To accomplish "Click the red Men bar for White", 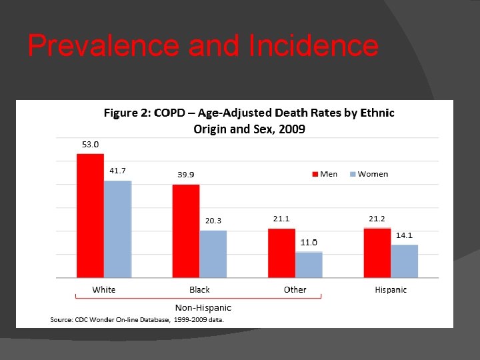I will pos(90,215).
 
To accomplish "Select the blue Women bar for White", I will pos(118,229).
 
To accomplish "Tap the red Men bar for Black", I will pos(186,231).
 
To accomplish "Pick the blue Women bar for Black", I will pos(213,253).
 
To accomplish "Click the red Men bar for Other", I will pos(281,253).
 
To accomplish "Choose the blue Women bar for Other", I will pos(309,264).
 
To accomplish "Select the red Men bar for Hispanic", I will pos(377,252).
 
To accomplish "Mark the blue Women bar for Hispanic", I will pos(405,261).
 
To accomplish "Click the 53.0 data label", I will pos(91,144).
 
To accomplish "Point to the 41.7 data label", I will pos(118,171).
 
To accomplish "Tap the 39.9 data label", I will pos(186,175).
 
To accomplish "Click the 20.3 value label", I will pos(213,221).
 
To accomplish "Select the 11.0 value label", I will pos(309,242).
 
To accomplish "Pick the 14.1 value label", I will pos(405,235).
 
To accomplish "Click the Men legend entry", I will pos(325,174).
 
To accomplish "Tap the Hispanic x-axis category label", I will pos(391,289).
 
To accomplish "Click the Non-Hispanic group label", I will pos(203,307).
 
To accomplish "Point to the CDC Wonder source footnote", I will pos(137,320).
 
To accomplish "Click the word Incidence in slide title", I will pos(313,47).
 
